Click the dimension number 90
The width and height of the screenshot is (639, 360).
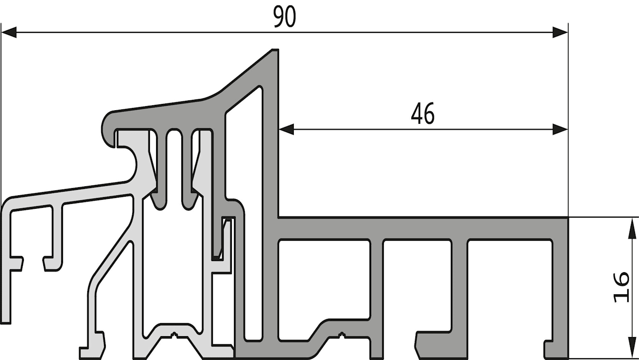(284, 17)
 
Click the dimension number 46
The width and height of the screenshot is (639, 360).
(423, 113)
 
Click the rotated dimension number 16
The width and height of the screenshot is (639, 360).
(621, 287)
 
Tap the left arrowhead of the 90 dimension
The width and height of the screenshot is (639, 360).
(9, 32)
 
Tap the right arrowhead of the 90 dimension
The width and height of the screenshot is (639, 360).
(560, 32)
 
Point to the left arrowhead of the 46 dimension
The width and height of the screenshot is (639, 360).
(286, 130)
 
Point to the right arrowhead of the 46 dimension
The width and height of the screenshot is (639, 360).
(560, 130)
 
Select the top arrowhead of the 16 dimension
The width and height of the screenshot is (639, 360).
(632, 229)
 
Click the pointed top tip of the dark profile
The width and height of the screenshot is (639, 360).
(275, 50)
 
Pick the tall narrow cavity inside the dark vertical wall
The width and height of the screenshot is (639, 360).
(248, 200)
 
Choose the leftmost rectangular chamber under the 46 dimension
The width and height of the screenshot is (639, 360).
(324, 279)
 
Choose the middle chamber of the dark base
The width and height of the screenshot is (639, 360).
(417, 285)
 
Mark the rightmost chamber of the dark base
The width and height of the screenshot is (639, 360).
(510, 285)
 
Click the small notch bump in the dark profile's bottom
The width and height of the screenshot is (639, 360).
(341, 334)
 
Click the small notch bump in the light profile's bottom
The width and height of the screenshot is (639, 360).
(174, 334)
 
